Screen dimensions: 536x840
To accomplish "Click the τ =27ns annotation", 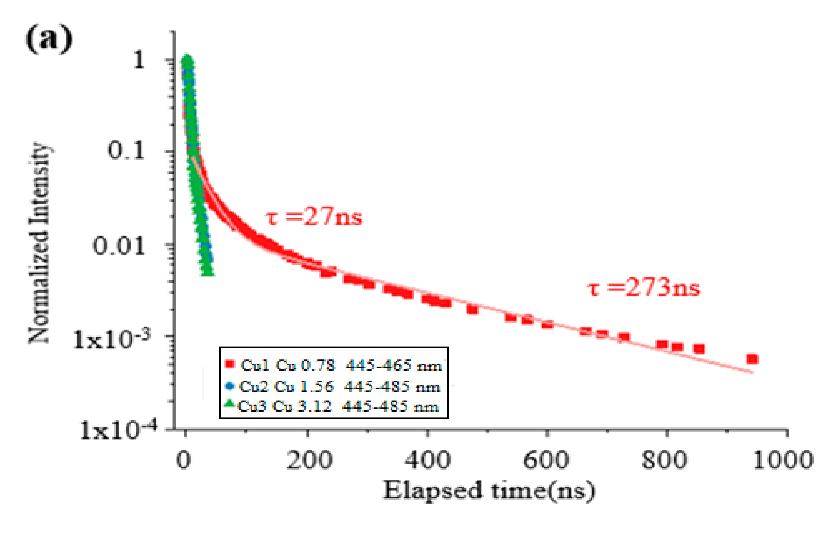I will click(x=314, y=217).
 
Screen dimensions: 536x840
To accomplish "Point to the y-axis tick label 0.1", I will click(x=126, y=151).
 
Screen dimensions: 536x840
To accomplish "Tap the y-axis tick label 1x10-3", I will click(x=112, y=339).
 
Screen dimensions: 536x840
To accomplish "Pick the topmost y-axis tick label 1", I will click(x=139, y=60).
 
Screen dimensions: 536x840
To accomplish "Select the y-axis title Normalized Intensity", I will click(x=39, y=243).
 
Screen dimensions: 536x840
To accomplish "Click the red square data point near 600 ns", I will click(x=548, y=324).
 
